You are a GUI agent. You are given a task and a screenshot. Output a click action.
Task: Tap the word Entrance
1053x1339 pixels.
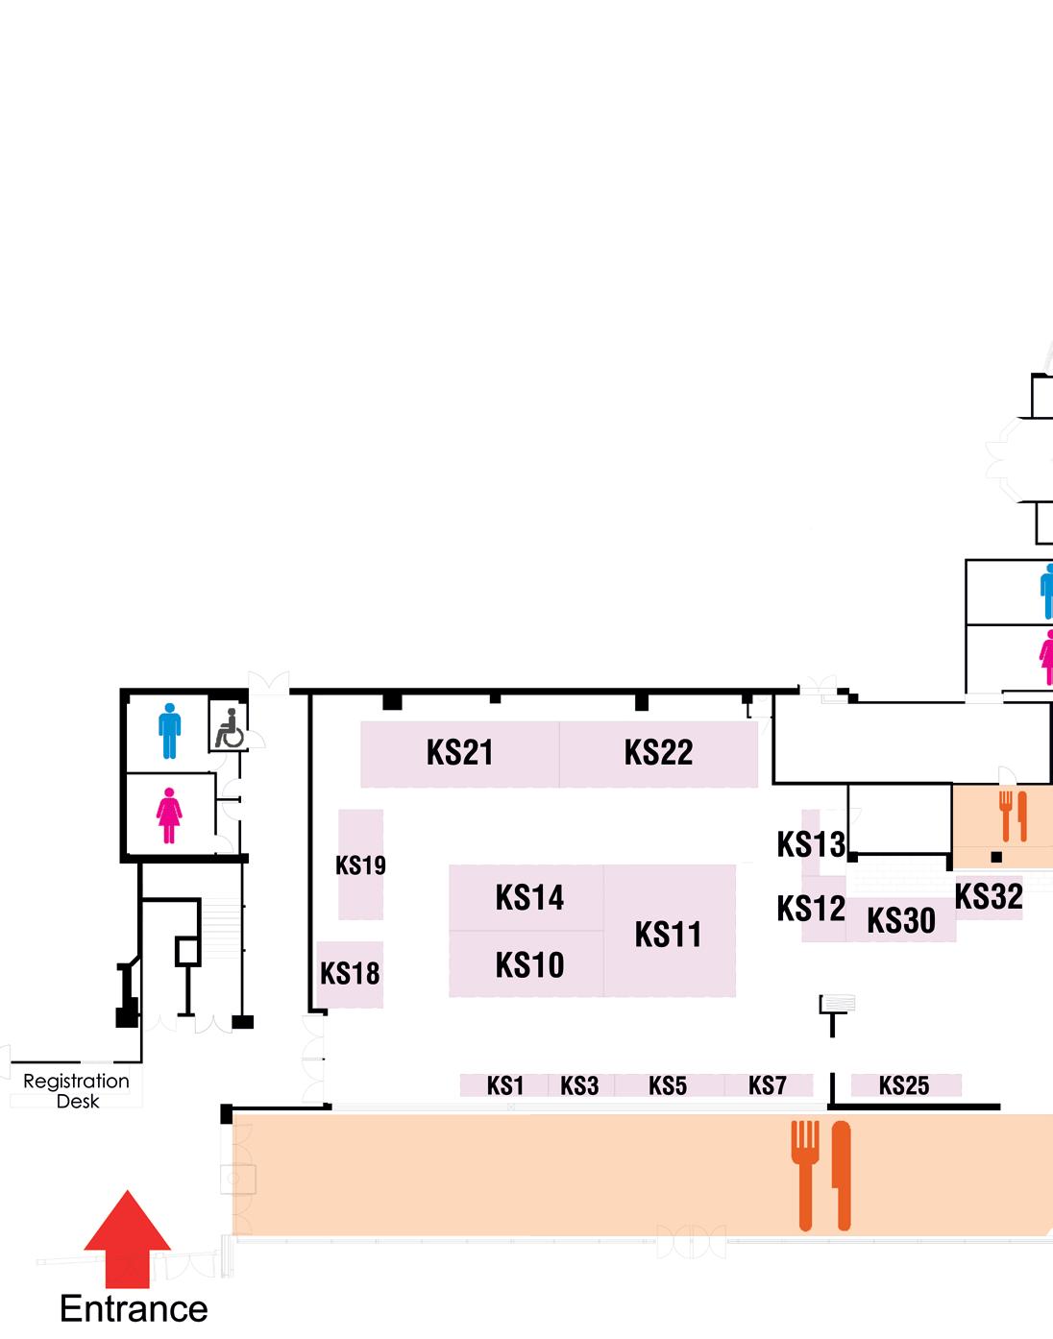(134, 1309)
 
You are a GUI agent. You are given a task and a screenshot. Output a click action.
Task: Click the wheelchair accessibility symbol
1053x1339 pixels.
(228, 728)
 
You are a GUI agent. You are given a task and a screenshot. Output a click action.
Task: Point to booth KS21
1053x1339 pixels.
(460, 753)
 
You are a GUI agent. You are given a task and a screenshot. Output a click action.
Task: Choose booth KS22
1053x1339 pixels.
(658, 753)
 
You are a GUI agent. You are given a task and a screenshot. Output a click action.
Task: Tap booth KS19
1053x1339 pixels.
(360, 864)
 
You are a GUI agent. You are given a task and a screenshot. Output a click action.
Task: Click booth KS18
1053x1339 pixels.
(350, 974)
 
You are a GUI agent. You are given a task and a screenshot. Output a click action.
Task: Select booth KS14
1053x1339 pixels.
(528, 898)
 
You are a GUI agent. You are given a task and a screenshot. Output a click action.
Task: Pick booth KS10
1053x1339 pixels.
(528, 964)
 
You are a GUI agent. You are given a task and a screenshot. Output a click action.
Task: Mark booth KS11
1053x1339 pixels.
(669, 933)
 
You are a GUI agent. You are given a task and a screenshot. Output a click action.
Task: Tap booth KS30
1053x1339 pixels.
(900, 921)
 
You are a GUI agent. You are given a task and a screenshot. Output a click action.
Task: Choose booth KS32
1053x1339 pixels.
(989, 897)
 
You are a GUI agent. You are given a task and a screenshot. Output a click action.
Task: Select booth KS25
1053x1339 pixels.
(904, 1085)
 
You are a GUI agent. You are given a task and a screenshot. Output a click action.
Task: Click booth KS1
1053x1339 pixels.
(505, 1085)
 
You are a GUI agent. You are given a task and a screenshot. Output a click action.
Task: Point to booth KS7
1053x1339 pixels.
(768, 1085)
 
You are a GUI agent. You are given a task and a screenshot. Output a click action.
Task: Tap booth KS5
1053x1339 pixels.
(668, 1085)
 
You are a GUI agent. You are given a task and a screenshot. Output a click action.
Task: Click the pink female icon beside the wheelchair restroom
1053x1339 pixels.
(169, 816)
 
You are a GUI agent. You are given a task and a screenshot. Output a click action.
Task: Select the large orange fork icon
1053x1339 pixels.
(805, 1174)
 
